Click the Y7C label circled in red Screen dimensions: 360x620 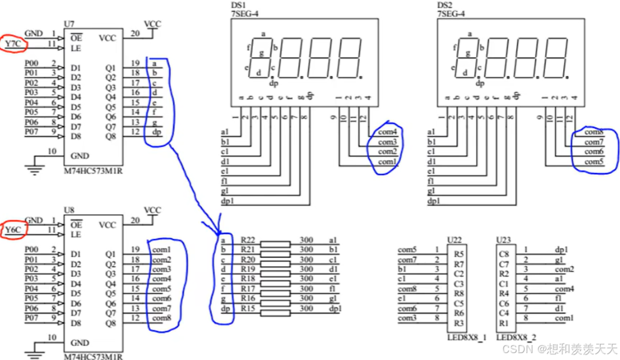coord(13,44)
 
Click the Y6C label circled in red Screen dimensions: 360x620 coord(14,230)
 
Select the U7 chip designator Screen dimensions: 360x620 coord(70,23)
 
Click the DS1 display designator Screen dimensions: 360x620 coord(240,5)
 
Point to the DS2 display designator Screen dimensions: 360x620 coord(445,5)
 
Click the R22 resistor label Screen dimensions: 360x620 coord(248,240)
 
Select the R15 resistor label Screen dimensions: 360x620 coord(248,309)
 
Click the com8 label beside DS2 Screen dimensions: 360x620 coord(593,132)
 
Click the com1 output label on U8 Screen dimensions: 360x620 coord(161,250)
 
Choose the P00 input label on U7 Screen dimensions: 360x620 coord(31,63)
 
